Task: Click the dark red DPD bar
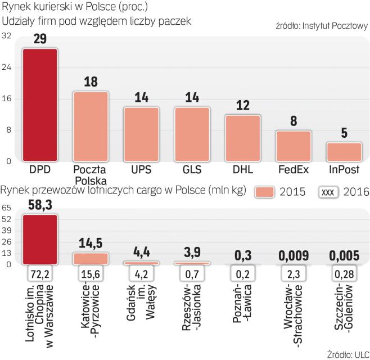tap(39, 105)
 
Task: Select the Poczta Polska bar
tap(91, 127)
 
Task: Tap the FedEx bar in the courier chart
tap(293, 146)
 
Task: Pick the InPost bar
tap(344, 152)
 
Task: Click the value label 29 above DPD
tap(39, 39)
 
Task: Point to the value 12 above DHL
tap(242, 105)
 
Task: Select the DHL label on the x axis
tap(242, 169)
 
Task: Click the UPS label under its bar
tap(141, 169)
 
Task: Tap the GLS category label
tap(192, 169)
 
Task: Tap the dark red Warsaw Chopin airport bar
tap(39, 239)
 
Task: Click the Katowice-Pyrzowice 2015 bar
tap(91, 258)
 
